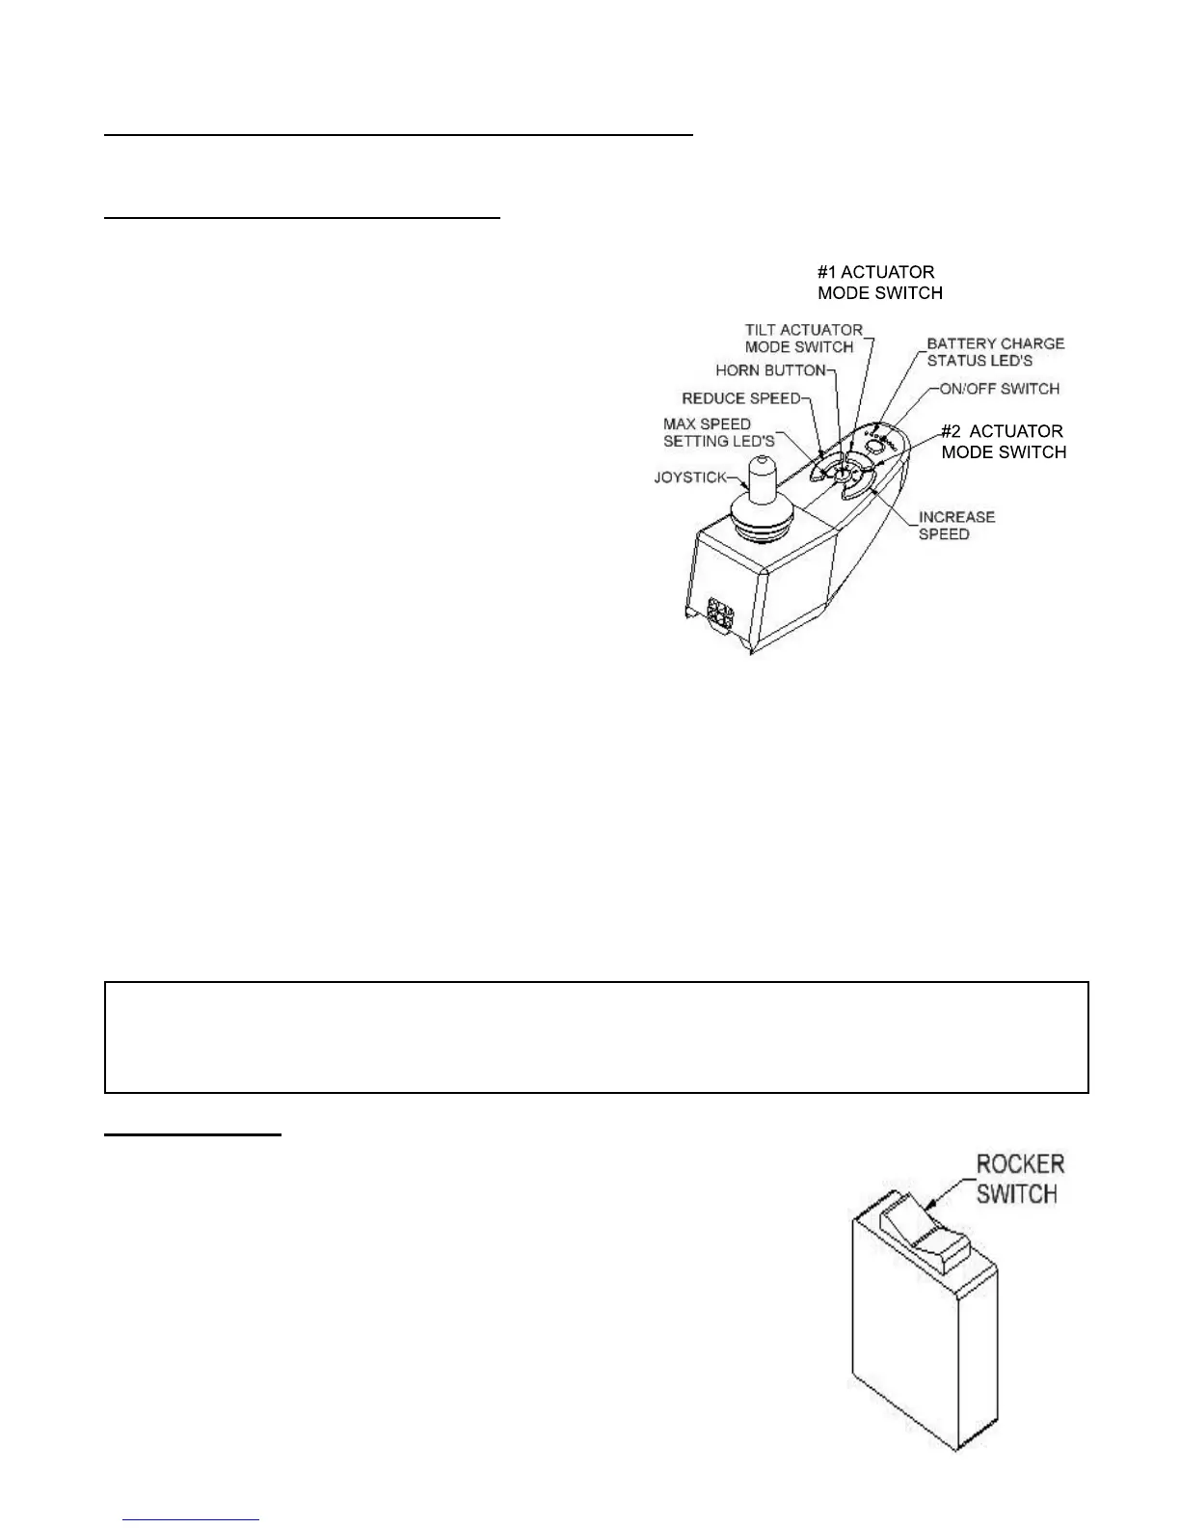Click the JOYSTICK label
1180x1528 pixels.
[x=689, y=477]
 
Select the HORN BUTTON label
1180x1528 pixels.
[x=770, y=370]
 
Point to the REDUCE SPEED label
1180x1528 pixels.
[x=740, y=398]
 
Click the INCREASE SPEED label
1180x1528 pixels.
[x=956, y=526]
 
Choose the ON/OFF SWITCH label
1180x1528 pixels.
[x=999, y=389]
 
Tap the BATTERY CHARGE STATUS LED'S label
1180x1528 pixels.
[x=995, y=352]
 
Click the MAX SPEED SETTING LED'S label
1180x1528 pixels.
[x=718, y=432]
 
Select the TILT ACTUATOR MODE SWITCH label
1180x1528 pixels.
[x=803, y=339]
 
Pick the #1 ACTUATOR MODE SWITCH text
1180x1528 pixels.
[x=879, y=283]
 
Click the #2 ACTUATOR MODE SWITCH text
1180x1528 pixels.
[x=1003, y=442]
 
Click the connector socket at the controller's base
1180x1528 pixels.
[x=719, y=614]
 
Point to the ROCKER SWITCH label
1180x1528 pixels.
[x=1020, y=1179]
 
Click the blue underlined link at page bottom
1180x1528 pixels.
[x=192, y=1519]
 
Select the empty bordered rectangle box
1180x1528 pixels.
[x=596, y=1037]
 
